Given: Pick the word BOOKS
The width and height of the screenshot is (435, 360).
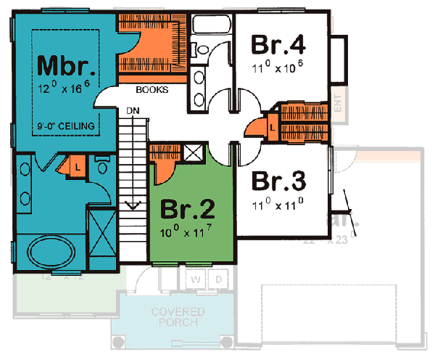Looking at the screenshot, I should pos(152,91).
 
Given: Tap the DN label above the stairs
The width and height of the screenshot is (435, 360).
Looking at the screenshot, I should pos(133,111).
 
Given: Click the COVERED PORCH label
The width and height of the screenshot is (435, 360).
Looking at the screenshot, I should pos(178,317).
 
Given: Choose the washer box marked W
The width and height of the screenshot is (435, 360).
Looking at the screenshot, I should pos(196,279).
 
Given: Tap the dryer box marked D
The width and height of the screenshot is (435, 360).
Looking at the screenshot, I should pos(217,279).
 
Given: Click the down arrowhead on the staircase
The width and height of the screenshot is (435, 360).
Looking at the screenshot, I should pos(133,205).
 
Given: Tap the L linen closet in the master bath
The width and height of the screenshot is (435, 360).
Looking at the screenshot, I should pos(75,167).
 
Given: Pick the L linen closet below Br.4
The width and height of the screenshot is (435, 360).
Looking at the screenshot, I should pos(272,126).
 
